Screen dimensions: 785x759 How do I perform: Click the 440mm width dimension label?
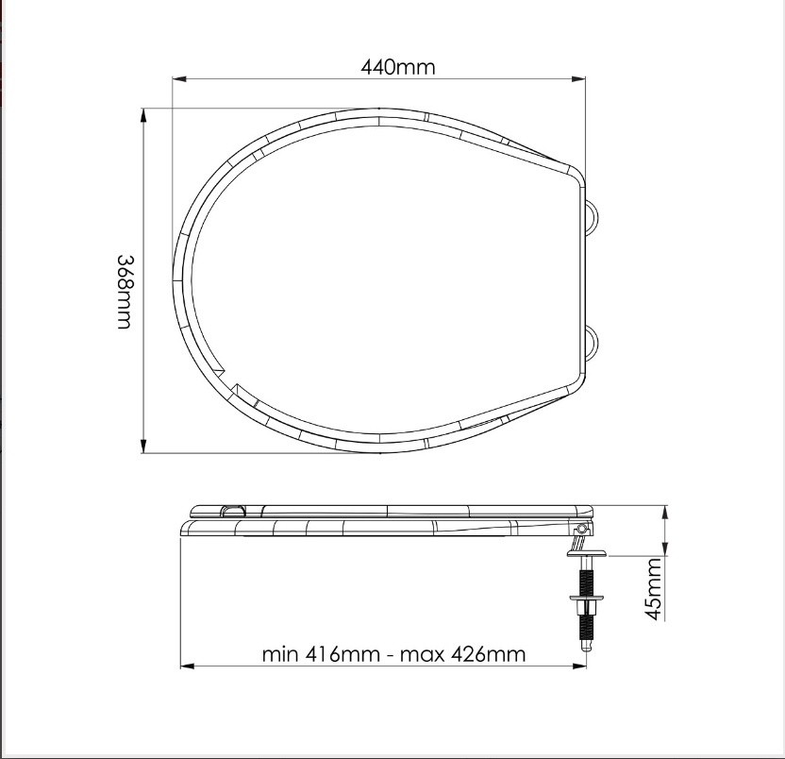click(x=398, y=67)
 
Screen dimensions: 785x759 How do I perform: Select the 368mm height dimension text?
click(x=125, y=292)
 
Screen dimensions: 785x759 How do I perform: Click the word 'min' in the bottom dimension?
click(x=280, y=654)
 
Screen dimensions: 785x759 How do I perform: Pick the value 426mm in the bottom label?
click(x=488, y=654)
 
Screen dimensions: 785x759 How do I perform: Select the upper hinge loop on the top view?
click(x=592, y=216)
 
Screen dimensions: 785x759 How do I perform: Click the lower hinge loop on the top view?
click(x=592, y=342)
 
